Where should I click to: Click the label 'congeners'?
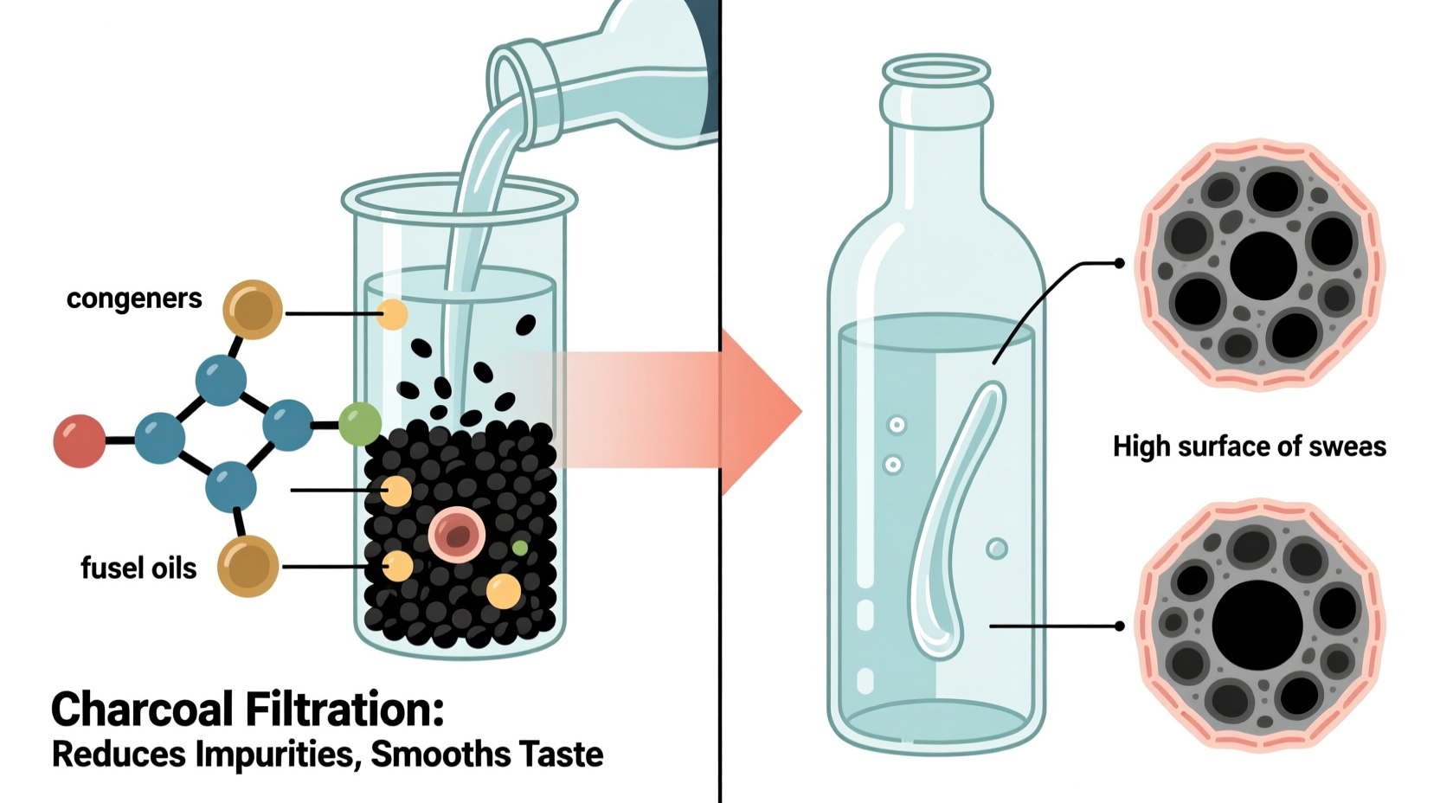134,299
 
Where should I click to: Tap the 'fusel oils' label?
138,569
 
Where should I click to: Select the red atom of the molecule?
79,440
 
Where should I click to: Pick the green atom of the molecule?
359,424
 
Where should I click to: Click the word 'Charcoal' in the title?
143,710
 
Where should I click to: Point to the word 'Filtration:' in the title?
344,710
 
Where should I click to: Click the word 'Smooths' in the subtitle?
440,755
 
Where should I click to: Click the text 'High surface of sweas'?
1249,446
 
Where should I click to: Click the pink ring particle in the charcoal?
456,535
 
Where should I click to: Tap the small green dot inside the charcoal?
519,548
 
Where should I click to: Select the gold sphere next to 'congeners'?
253,309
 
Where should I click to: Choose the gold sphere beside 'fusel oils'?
248,566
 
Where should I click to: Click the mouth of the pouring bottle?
517,75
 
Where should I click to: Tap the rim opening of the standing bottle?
936,70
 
